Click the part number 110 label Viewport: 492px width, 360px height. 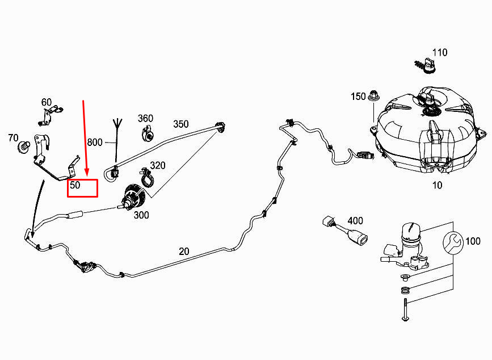point(440,52)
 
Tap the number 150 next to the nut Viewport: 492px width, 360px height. point(358,97)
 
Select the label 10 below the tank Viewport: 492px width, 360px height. point(437,185)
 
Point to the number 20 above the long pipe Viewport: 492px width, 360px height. point(184,252)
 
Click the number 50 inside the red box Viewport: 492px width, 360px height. point(75,185)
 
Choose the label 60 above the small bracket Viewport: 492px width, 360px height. point(47,102)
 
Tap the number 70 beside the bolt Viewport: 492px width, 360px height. point(13,138)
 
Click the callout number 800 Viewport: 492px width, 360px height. point(95,143)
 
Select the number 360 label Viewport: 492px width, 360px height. point(145,118)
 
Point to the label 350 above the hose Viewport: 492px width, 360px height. point(181,124)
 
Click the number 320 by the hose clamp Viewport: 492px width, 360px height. point(158,165)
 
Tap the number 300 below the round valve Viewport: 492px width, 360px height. point(141,215)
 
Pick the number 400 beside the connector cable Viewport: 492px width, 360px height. point(355,221)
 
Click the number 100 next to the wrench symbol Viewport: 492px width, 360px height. point(473,241)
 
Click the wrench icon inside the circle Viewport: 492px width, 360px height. point(453,242)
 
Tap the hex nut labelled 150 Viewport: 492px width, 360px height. point(373,95)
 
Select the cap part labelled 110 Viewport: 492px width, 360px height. point(426,66)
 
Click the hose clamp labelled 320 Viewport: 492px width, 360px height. point(146,178)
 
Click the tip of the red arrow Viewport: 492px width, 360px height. point(87,175)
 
